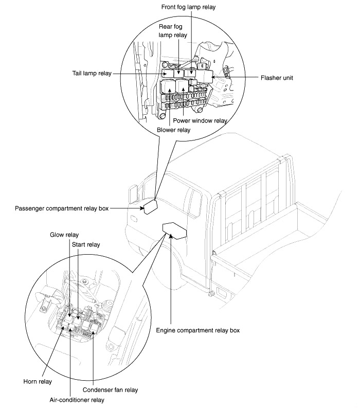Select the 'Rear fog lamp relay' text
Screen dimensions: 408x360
click(173, 31)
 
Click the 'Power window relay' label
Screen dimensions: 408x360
click(200, 120)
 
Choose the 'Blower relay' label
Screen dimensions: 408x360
click(176, 130)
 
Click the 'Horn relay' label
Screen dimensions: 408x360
click(37, 382)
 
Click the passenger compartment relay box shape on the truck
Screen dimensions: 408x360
click(151, 207)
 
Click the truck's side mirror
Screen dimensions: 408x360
click(133, 194)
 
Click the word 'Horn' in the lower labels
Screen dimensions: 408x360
click(30, 382)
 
